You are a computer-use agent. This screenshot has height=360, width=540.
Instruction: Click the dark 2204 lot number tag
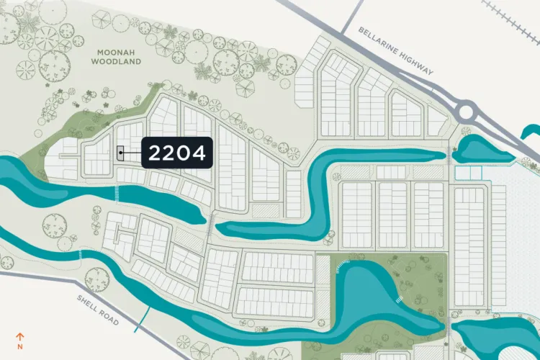[x=177, y=153]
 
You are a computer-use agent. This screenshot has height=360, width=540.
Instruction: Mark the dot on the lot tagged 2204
[x=120, y=153]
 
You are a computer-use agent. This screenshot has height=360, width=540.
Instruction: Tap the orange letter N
[x=20, y=346]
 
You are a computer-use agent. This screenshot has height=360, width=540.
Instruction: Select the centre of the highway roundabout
[x=467, y=112]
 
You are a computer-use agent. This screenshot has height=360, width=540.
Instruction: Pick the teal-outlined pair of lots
[x=468, y=173]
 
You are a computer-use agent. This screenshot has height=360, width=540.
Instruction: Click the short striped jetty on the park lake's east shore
[x=398, y=298]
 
